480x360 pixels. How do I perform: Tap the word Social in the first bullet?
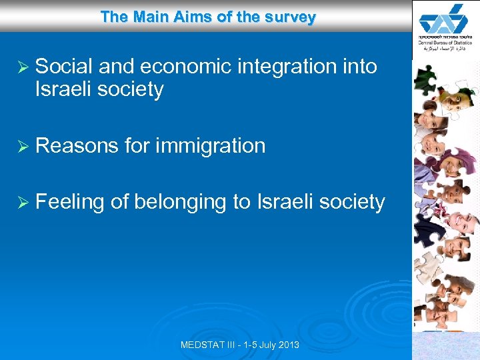[x=65, y=67]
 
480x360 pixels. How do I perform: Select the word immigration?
[x=210, y=146]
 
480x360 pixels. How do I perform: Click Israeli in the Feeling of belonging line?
[x=284, y=202]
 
